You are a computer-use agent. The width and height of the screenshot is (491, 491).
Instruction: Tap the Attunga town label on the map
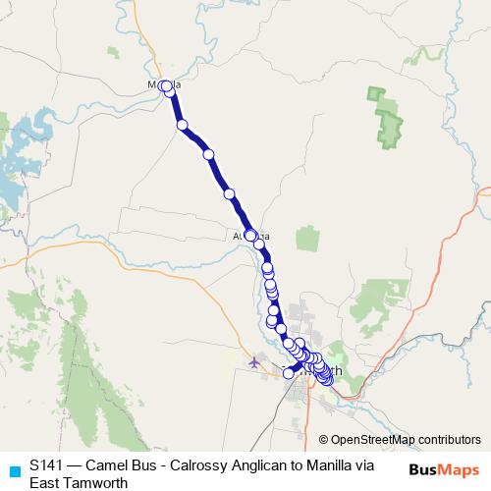point(250,236)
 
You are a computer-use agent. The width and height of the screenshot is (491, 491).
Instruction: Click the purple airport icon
point(255,362)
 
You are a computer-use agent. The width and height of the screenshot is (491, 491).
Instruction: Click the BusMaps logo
point(444,469)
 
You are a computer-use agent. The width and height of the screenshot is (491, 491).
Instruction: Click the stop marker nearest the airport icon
point(289,372)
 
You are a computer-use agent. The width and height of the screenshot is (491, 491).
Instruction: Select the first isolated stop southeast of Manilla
point(182,125)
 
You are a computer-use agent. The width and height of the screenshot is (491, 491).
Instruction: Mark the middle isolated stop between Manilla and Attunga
point(208,154)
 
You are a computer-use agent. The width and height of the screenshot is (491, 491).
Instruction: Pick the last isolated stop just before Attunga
point(230,194)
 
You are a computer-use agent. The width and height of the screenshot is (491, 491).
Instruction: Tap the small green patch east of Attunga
point(308,238)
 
